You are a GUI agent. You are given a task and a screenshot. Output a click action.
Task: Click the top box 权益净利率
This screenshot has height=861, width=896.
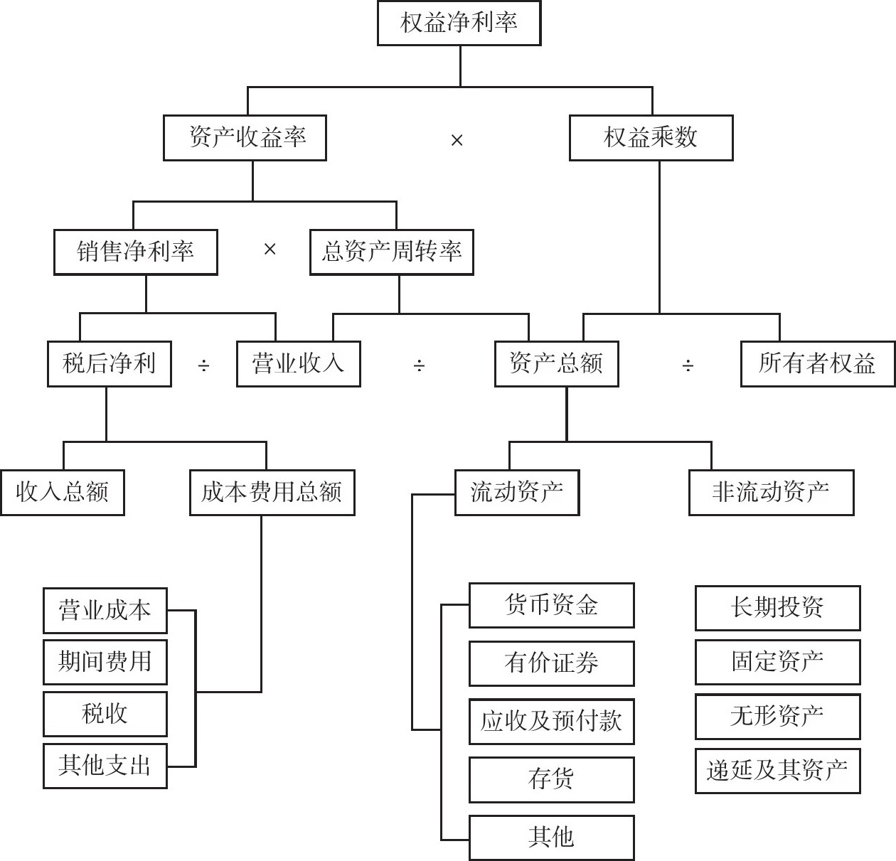pos(459,23)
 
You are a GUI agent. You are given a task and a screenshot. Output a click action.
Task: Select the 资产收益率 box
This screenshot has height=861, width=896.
pos(245,137)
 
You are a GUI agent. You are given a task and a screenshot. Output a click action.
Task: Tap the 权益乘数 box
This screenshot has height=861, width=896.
pos(651,137)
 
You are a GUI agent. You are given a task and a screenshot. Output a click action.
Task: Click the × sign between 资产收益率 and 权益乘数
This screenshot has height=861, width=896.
pos(457,140)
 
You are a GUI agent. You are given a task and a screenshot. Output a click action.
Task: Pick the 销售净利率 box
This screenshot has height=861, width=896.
pos(135,252)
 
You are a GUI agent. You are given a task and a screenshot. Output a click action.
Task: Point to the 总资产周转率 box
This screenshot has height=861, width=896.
pos(391,252)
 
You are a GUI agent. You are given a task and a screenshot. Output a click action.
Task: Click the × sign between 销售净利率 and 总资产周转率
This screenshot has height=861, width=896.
pos(270,250)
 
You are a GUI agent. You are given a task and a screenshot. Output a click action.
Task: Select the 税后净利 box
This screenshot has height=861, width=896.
pos(109,364)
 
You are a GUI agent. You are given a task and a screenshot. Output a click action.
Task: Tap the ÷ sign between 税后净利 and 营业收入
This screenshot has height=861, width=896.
pos(203,365)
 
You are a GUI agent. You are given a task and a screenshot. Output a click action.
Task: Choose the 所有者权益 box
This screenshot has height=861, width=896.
pos(817,364)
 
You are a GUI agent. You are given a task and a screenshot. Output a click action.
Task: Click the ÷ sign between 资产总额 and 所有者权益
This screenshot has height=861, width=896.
pos(688,365)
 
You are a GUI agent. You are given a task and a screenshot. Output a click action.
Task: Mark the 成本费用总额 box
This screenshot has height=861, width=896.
pos(272,492)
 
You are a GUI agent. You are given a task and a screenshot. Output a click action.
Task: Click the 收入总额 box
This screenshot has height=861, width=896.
pos(62,492)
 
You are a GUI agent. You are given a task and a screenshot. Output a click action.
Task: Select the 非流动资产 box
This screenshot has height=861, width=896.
pos(771,492)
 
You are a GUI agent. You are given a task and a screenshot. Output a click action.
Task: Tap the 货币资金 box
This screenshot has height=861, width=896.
pos(551,606)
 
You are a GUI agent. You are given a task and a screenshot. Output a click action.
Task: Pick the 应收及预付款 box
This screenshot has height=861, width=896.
pos(551,722)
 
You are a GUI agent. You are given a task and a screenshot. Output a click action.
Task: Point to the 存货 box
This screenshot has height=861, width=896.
pos(551,779)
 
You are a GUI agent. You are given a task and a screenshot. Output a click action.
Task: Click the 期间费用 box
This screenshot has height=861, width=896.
pos(105,662)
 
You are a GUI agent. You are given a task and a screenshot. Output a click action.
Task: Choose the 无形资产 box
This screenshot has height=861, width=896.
pos(777,717)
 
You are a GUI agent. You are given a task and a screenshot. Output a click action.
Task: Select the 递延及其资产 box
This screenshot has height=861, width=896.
pos(777,771)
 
